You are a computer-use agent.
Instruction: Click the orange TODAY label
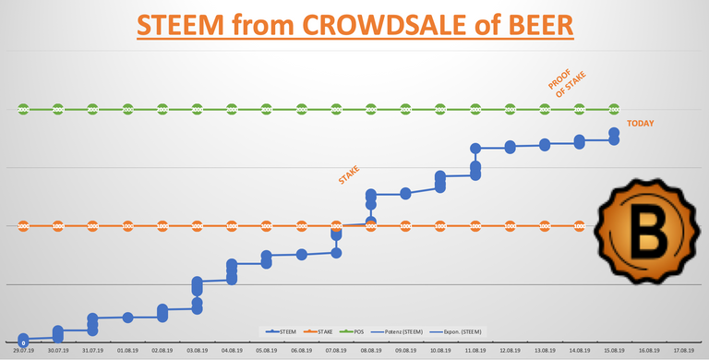click(x=644, y=124)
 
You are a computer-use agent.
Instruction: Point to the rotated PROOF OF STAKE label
click(x=560, y=86)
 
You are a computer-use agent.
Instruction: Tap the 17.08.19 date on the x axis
click(x=684, y=351)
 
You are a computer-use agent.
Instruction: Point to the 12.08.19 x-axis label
click(x=510, y=351)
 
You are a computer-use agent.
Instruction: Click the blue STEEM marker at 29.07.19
click(x=23, y=341)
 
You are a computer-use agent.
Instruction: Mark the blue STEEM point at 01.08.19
click(x=127, y=318)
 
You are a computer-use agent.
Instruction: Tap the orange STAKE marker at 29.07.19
click(x=23, y=225)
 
